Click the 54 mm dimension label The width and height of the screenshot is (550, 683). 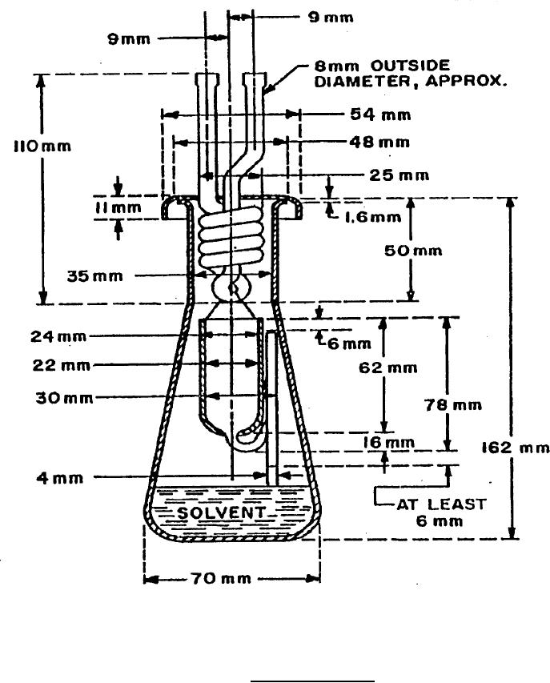(380, 115)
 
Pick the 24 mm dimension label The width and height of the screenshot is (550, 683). (47, 336)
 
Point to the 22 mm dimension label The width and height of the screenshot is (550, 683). (47, 365)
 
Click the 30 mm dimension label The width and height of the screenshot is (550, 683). (47, 397)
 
